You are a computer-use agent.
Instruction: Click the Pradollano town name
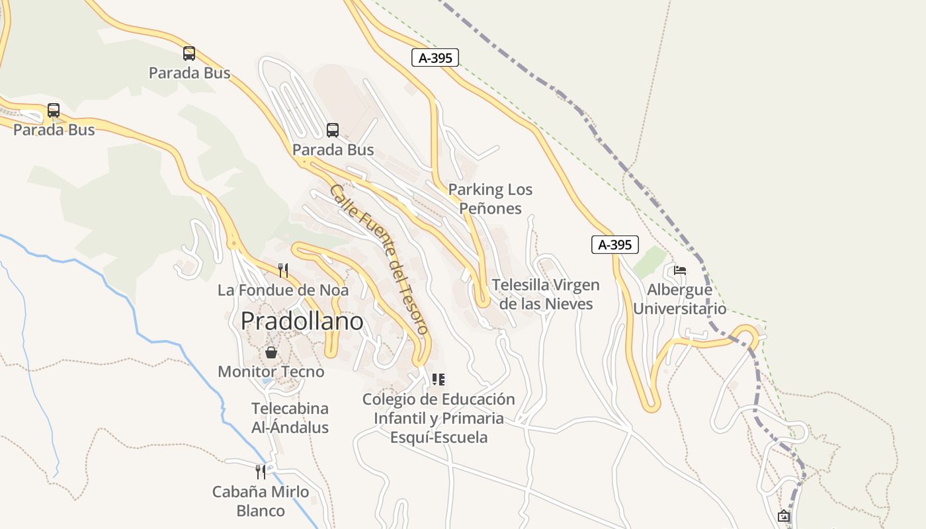[302, 321]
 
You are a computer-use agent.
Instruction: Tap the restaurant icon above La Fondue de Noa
[283, 270]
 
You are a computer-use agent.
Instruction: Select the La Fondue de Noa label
[283, 290]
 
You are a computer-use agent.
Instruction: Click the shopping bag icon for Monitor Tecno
[271, 352]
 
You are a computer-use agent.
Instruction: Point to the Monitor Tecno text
[271, 372]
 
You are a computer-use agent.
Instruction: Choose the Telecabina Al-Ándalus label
[290, 418]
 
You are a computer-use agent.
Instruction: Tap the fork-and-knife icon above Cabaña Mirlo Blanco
[261, 471]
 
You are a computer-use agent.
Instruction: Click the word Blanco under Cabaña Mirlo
[261, 510]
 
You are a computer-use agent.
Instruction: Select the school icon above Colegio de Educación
[438, 380]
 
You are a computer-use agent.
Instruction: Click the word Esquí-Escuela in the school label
[439, 437]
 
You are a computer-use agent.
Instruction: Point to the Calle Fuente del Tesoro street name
[379, 259]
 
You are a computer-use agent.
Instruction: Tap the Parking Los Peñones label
[490, 199]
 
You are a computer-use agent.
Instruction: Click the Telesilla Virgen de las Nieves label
[546, 294]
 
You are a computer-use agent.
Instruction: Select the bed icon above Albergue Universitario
[679, 270]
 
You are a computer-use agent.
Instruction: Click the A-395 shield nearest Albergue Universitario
[614, 245]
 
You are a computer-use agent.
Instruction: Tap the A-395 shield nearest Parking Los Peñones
[435, 58]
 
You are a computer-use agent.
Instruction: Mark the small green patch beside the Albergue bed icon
[649, 263]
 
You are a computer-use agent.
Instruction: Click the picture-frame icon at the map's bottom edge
[784, 516]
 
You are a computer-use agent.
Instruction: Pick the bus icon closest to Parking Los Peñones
[333, 130]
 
